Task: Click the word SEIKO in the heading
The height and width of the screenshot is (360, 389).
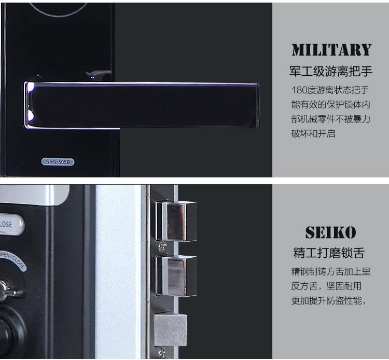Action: [330, 232]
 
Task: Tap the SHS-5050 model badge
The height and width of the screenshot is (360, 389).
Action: [57, 162]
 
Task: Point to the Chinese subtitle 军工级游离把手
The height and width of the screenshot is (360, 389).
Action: [330, 71]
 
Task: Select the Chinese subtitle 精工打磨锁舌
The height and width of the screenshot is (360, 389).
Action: [329, 253]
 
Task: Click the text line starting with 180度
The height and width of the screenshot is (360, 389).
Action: [330, 89]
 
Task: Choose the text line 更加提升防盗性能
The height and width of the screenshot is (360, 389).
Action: [329, 300]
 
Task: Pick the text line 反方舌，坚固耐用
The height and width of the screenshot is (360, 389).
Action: [326, 285]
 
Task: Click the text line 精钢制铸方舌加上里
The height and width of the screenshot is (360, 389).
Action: [330, 271]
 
